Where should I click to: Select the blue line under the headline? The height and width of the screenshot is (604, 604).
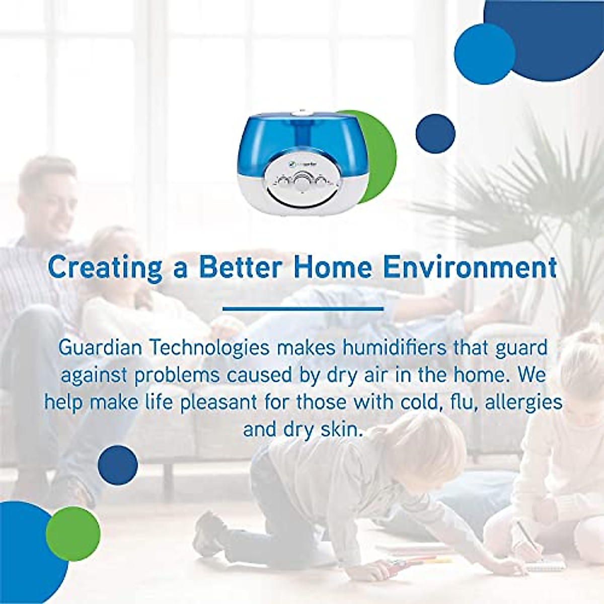click(303, 309)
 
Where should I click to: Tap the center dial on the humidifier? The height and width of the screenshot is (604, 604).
click(303, 180)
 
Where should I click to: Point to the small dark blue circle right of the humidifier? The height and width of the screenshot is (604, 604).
click(435, 134)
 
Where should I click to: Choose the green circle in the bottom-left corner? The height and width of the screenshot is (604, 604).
click(73, 534)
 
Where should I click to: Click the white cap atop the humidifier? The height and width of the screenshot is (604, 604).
click(303, 113)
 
